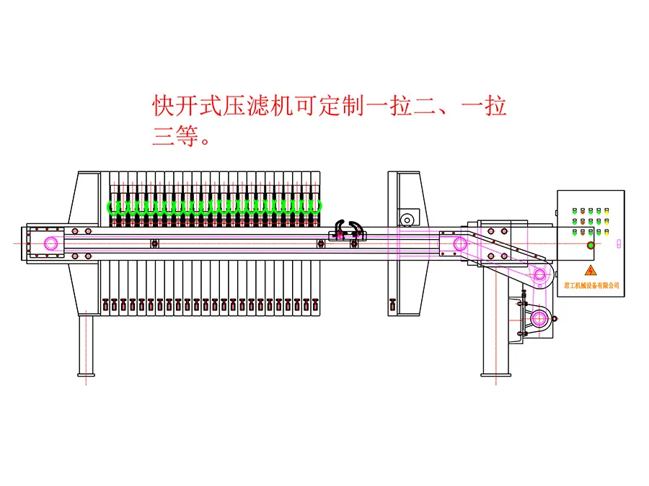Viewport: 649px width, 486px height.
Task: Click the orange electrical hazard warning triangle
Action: click(x=591, y=270)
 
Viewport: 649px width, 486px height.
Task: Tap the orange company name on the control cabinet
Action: click(x=591, y=285)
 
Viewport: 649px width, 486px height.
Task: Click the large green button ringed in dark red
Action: click(x=591, y=246)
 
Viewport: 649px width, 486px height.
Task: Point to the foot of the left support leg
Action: click(x=86, y=374)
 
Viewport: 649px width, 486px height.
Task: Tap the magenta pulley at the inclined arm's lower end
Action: click(x=539, y=273)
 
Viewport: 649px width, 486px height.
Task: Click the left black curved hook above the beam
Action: click(x=337, y=228)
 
